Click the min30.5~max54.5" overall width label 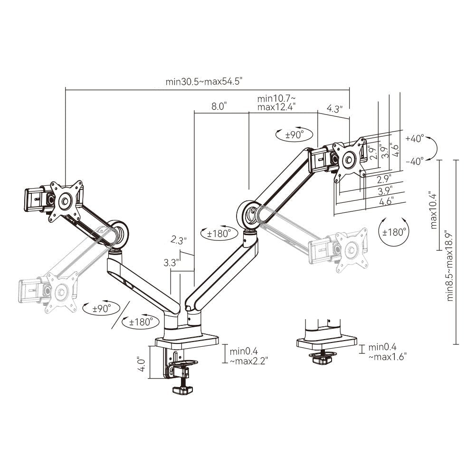point(204,82)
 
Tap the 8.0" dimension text point(219,106)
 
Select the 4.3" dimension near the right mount point(334,108)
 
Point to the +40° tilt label point(415,138)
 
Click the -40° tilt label point(415,161)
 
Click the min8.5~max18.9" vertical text point(450,265)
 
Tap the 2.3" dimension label point(179,240)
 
